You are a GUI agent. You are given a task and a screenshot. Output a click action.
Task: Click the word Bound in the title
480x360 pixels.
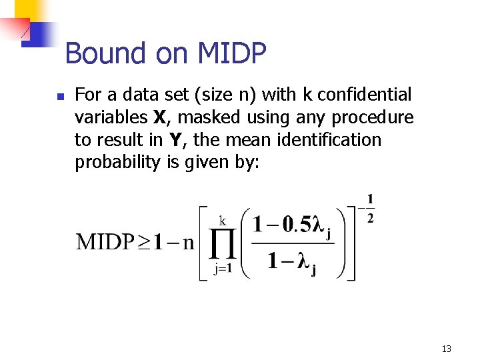coord(105,53)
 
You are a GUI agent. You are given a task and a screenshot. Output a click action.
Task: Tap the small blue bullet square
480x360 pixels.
coord(60,97)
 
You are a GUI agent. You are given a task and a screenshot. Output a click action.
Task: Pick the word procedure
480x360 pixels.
coord(373,118)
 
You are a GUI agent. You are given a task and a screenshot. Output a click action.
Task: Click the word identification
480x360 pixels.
coord(338,140)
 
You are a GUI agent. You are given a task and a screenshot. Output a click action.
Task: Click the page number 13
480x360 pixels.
coord(446,348)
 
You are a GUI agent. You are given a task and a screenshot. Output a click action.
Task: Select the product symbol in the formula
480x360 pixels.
coord(224,246)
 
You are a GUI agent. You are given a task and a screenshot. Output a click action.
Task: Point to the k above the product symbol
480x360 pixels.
coord(223,220)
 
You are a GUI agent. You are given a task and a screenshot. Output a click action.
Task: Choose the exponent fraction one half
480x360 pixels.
coord(369,208)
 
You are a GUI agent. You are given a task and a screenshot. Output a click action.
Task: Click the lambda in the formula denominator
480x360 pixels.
coord(303,261)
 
